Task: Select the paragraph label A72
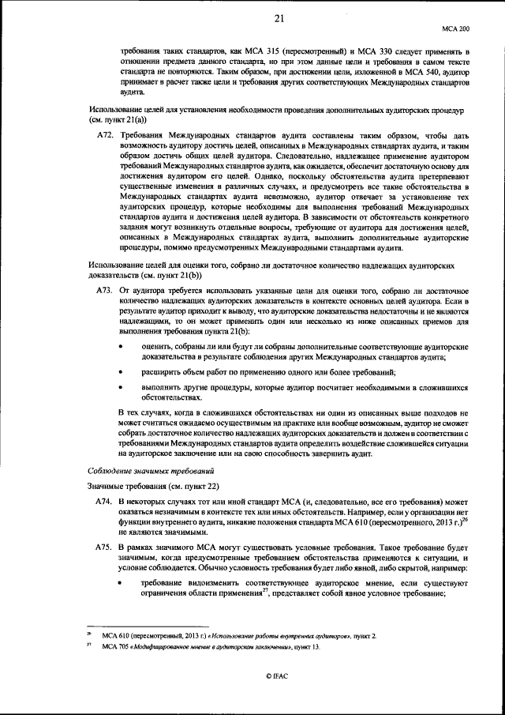click(x=104, y=137)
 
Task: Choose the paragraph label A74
click(x=104, y=502)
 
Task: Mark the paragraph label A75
click(x=104, y=547)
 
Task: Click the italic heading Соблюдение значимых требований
click(x=140, y=470)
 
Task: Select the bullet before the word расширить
click(x=121, y=371)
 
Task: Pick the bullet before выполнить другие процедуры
click(x=121, y=388)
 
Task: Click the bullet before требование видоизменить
click(x=121, y=583)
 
